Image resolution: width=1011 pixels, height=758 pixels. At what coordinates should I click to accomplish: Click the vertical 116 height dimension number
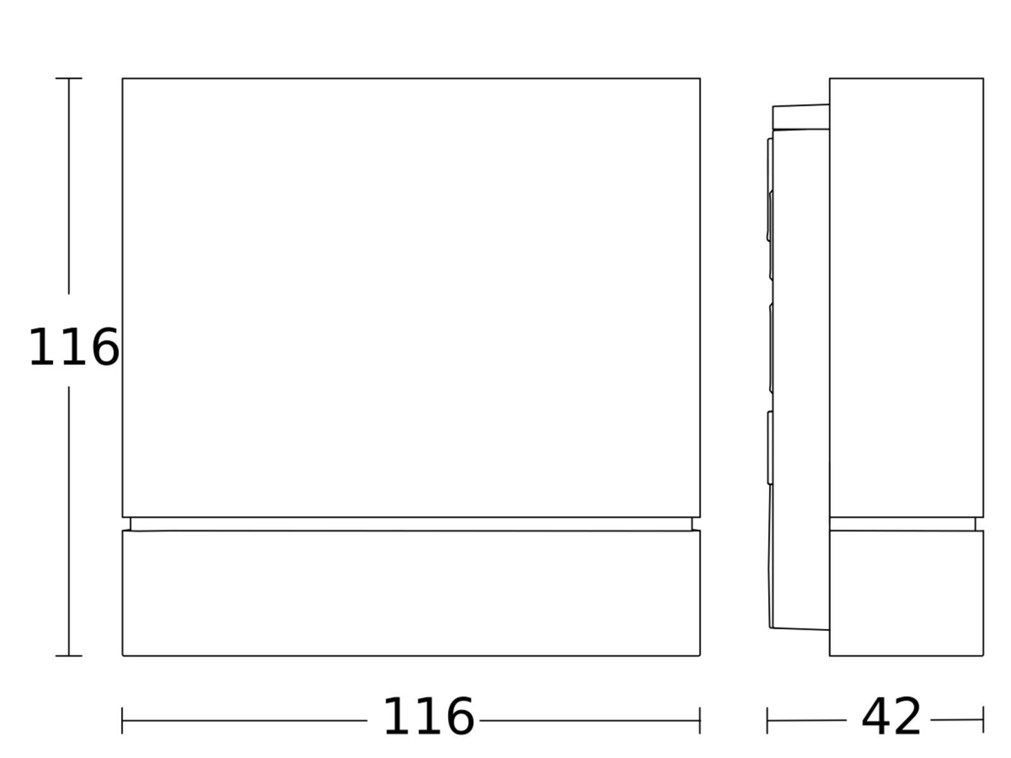pyautogui.click(x=74, y=347)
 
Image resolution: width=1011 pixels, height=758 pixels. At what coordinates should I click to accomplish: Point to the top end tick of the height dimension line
pyautogui.click(x=69, y=78)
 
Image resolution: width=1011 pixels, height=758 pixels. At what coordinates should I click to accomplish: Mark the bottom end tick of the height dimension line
pyautogui.click(x=69, y=656)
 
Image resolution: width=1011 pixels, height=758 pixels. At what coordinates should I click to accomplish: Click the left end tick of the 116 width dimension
pyautogui.click(x=122, y=721)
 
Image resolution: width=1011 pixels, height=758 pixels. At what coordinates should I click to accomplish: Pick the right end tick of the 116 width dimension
pyautogui.click(x=699, y=721)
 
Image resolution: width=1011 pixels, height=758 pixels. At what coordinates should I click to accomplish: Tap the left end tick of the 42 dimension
pyautogui.click(x=767, y=721)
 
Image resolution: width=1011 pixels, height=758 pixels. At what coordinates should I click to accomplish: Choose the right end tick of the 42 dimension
pyautogui.click(x=983, y=720)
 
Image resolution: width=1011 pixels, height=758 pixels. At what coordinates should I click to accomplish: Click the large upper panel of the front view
pyautogui.click(x=411, y=298)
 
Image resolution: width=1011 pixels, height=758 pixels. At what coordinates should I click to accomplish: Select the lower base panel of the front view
pyautogui.click(x=411, y=593)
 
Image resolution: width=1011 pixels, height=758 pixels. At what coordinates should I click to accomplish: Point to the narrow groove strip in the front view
pyautogui.click(x=411, y=524)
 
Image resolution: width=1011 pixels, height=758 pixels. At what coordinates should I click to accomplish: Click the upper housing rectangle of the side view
pyautogui.click(x=907, y=298)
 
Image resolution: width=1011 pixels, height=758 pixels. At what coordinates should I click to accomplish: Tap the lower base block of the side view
pyautogui.click(x=907, y=593)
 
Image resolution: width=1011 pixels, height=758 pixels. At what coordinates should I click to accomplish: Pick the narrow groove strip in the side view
pyautogui.click(x=902, y=524)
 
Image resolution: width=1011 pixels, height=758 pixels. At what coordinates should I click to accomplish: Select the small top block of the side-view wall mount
pyautogui.click(x=801, y=117)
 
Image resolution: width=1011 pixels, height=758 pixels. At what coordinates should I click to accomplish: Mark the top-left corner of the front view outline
pyautogui.click(x=123, y=78)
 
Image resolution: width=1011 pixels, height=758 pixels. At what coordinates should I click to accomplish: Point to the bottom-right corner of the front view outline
pyautogui.click(x=700, y=656)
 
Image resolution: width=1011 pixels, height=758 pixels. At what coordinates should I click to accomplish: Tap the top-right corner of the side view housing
pyautogui.click(x=983, y=78)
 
